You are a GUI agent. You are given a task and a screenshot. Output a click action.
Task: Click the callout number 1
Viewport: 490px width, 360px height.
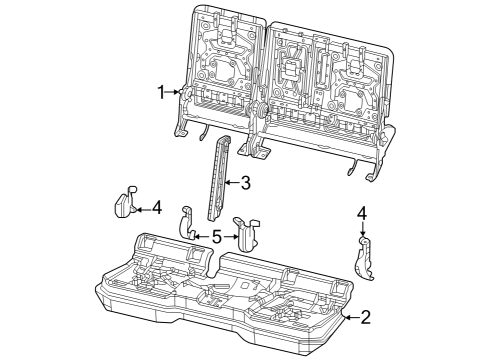[160, 91]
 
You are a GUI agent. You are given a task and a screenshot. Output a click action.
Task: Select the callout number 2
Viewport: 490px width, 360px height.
[365, 317]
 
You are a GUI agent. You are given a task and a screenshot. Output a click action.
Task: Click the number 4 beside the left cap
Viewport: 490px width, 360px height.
[157, 207]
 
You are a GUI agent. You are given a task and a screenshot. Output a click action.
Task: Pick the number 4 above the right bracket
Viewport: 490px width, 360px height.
[362, 212]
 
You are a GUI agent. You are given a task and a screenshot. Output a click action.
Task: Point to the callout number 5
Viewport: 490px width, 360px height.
[215, 237]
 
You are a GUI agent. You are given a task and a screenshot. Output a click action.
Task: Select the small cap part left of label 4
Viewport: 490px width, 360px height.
[125, 203]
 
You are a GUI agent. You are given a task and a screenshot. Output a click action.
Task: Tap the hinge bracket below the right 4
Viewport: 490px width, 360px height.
[366, 259]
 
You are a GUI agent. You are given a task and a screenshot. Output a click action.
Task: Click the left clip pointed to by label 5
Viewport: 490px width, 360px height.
[188, 224]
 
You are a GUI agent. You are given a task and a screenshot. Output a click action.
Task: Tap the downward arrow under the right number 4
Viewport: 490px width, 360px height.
[363, 229]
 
